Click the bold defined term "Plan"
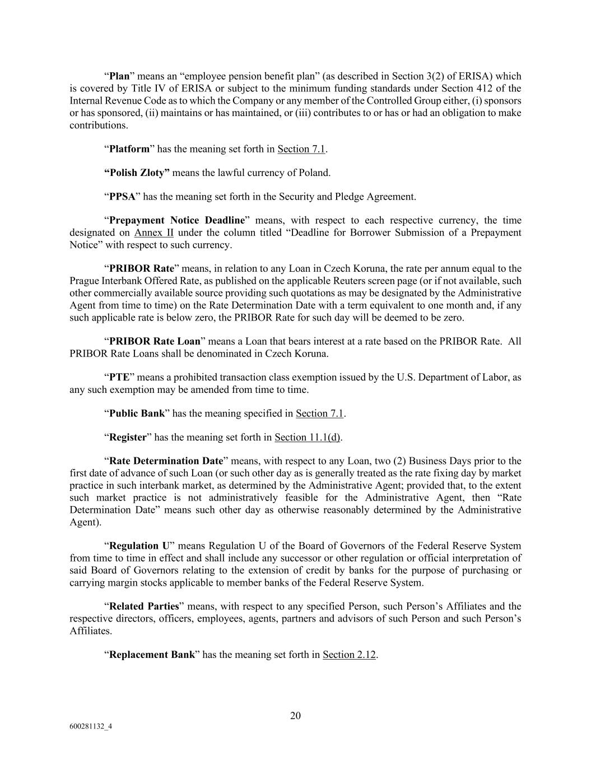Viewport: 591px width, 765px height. (x=119, y=76)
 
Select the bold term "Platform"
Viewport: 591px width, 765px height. (x=129, y=149)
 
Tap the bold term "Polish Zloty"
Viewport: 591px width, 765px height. (x=137, y=173)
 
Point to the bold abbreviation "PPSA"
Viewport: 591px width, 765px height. (x=122, y=197)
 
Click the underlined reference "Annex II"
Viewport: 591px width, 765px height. (x=153, y=233)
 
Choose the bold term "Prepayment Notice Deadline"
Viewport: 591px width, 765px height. (x=177, y=220)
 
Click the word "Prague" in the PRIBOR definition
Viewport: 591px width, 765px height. (x=85, y=281)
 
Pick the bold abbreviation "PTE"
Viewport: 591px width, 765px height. (x=119, y=377)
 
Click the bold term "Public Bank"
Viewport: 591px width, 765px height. (x=137, y=414)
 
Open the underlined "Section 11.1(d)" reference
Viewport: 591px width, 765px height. (x=308, y=438)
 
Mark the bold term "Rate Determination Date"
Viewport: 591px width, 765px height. (x=166, y=461)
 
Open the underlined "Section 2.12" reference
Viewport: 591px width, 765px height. (x=349, y=655)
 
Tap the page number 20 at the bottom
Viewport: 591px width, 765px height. (x=295, y=716)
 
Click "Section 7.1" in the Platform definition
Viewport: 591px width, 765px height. (x=301, y=149)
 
